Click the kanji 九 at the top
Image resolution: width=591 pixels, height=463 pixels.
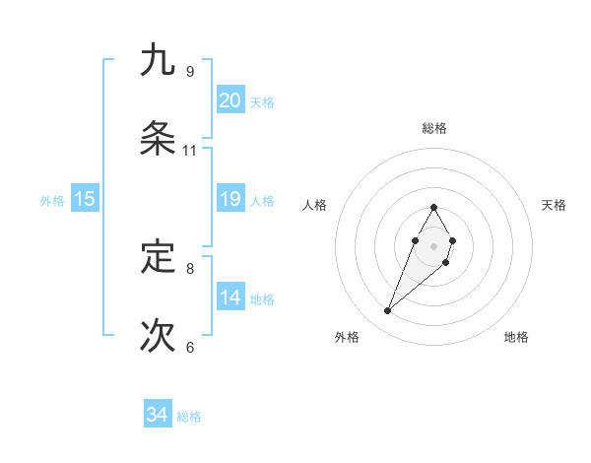coord(158,60)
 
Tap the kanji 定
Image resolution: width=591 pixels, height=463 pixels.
coord(158,257)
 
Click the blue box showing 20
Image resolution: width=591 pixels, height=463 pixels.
coord(230,100)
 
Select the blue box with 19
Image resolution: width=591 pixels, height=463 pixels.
coord(230,199)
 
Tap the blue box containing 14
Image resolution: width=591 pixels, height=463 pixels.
coord(230,298)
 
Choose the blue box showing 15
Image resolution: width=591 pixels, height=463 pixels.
coord(85,199)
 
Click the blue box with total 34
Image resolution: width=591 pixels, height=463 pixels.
coord(158,415)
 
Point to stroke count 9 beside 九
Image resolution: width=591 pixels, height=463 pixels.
coord(189,71)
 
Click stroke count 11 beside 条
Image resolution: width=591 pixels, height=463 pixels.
coord(189,151)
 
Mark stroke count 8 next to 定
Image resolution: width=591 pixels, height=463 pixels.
coord(189,268)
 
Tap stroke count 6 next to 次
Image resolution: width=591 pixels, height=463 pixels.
coord(189,347)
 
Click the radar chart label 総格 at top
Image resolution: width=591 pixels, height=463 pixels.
coord(433,128)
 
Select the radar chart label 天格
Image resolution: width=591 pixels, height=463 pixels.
coord(555,205)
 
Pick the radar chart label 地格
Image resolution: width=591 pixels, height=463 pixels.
coord(516,337)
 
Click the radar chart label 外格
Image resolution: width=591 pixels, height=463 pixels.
coord(347,337)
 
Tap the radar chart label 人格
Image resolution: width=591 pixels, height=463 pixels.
coord(314,205)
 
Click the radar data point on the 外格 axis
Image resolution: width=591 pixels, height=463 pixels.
coord(388,311)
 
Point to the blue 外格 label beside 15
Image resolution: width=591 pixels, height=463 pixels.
coord(52,200)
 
